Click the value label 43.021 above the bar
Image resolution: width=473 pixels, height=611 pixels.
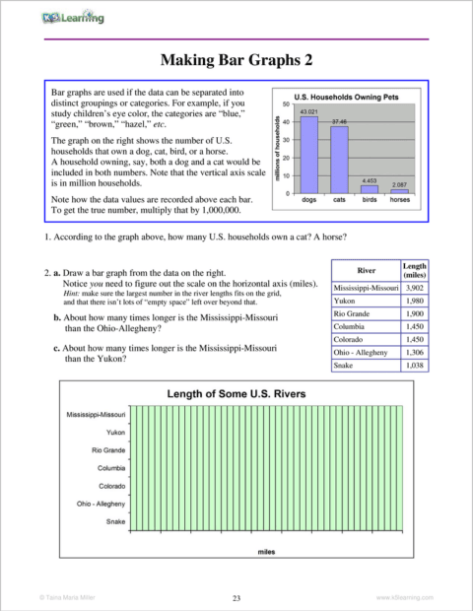pyautogui.click(x=308, y=112)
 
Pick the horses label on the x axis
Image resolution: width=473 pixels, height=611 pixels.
pyautogui.click(x=399, y=200)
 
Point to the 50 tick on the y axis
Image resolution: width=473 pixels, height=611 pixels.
pyautogui.click(x=285, y=103)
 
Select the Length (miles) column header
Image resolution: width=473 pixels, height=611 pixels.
pyautogui.click(x=415, y=269)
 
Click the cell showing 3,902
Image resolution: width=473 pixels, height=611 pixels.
pyautogui.click(x=415, y=287)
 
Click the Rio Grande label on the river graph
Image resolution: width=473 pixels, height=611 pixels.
pyautogui.click(x=107, y=449)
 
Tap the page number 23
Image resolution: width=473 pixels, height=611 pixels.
pyautogui.click(x=236, y=598)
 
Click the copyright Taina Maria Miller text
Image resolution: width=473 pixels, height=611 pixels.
pyautogui.click(x=62, y=598)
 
